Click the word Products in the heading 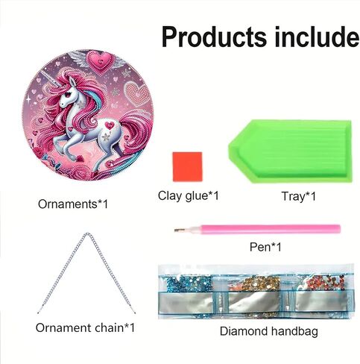click(214, 37)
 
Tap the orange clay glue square click(188, 166)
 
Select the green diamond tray click(291, 151)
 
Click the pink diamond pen click(257, 229)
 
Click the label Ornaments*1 click(73, 204)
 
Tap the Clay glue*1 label click(189, 195)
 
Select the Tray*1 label click(298, 196)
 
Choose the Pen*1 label click(265, 247)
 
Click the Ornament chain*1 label click(85, 327)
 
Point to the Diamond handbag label click(269, 331)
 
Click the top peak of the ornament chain click(87, 233)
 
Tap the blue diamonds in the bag click(188, 284)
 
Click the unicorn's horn click(51, 78)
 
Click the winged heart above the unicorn click(99, 61)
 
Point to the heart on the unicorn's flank click(109, 125)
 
